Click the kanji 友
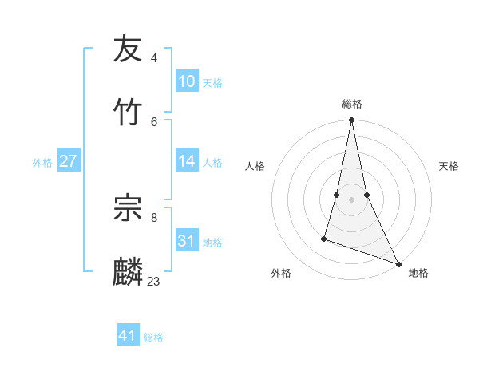coord(129,49)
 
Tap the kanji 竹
coord(129,112)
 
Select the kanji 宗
coord(129,208)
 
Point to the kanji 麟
coord(129,271)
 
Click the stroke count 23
coord(154,281)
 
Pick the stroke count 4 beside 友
coord(154,57)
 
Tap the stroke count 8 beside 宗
coord(154,217)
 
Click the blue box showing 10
coord(187,81)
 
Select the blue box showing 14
coord(187,161)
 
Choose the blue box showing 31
coord(187,241)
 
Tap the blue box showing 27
coord(68,161)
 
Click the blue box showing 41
coord(128,336)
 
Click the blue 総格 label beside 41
coord(153,337)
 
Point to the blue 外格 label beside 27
coord(42,163)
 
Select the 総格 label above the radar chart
coord(352,104)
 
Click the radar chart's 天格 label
coord(449,166)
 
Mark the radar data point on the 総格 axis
coord(351,120)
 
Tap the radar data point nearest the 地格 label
coord(398,263)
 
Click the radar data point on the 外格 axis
coord(324,238)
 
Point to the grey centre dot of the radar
coord(351,199)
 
